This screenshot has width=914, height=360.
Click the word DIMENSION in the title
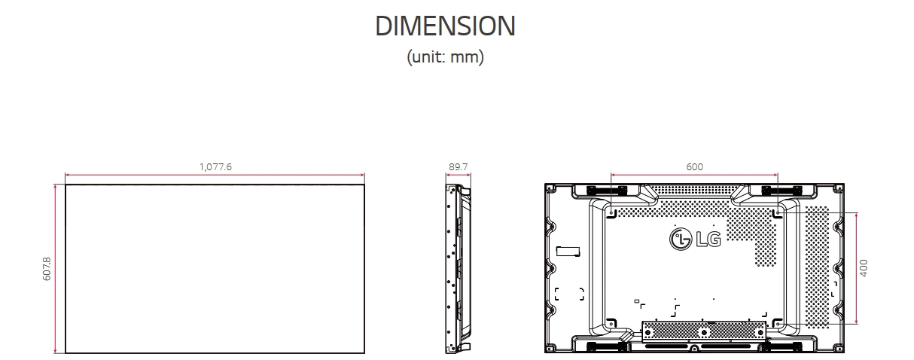[445, 26]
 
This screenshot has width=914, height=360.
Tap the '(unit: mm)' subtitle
[445, 57]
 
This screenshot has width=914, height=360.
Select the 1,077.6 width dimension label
[215, 166]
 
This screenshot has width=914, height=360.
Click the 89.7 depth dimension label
[458, 166]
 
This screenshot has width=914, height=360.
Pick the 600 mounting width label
[694, 166]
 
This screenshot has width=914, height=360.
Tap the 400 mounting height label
[864, 268]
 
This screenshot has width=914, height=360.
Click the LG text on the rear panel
[708, 239]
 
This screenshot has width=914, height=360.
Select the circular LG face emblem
[679, 239]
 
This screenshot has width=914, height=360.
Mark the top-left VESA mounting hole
[611, 214]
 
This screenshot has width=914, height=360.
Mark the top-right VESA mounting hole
[778, 214]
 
